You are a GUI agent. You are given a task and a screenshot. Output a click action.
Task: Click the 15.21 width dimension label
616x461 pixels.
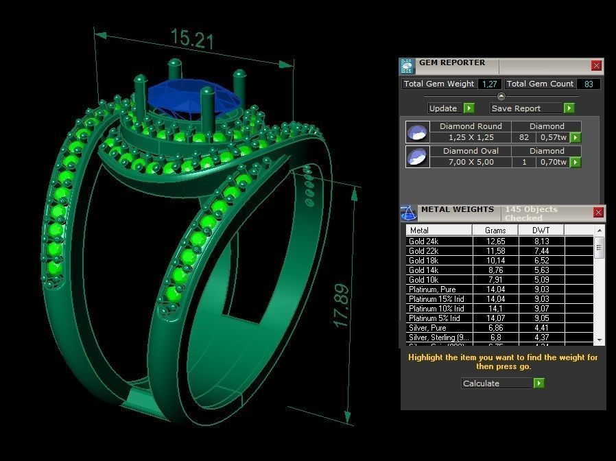[x=192, y=39]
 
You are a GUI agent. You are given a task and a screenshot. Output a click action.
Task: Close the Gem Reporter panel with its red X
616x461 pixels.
[x=596, y=66]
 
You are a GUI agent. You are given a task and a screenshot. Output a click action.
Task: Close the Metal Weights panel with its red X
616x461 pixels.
[x=597, y=213]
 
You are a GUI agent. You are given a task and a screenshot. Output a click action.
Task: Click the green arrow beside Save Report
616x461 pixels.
[x=569, y=108]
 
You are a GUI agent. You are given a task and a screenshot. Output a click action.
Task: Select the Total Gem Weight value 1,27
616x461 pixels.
[x=489, y=84]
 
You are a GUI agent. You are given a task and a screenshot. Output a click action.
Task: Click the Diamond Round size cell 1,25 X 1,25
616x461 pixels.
[x=471, y=137]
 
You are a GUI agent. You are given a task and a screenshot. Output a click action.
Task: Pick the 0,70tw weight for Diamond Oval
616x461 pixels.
[x=553, y=162]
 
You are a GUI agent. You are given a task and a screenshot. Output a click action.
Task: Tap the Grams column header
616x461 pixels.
[x=495, y=230]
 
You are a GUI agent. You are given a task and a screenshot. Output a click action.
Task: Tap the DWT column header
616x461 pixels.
[x=541, y=230]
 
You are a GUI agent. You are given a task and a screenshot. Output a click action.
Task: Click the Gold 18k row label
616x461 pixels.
[x=423, y=261]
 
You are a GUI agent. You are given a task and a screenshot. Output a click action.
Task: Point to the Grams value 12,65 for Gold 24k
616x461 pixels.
[x=495, y=241]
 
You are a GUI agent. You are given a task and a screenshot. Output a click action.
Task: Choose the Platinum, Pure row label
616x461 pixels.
[x=431, y=289]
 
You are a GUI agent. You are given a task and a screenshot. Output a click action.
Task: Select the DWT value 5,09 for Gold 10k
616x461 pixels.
[x=541, y=280]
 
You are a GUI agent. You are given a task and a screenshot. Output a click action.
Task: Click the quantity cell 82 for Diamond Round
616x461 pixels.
[x=524, y=137]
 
